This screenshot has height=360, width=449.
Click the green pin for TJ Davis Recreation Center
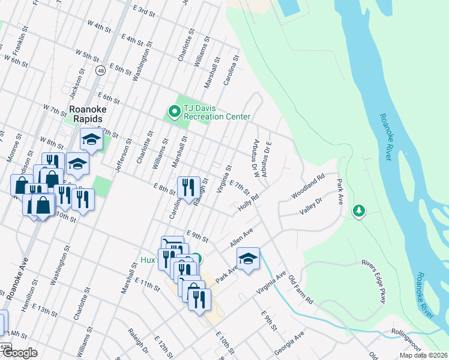[x=174, y=111]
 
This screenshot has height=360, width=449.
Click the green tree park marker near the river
[x=359, y=211]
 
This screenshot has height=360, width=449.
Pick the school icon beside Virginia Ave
[x=248, y=259]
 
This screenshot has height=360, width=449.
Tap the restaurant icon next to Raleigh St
[x=188, y=187]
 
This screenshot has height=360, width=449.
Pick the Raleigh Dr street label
[x=138, y=340]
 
